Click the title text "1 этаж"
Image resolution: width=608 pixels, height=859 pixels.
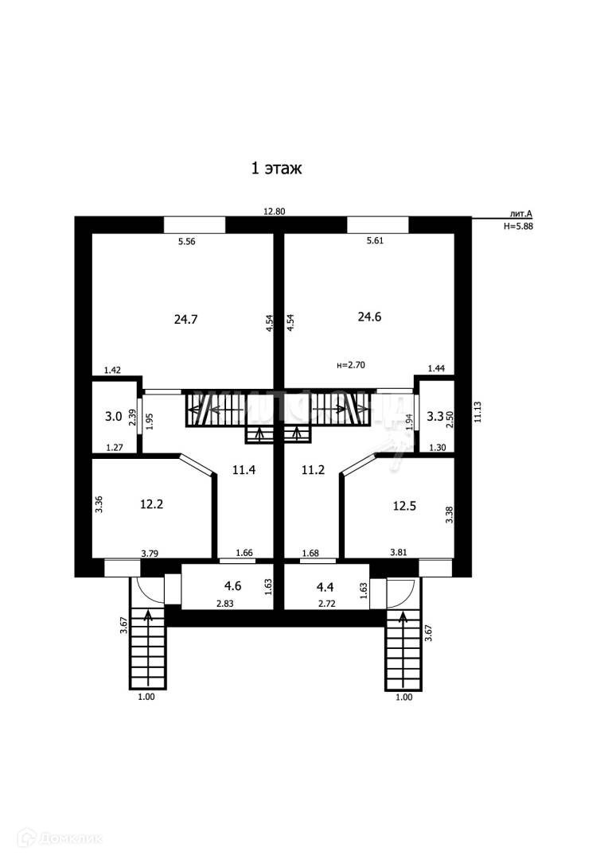click(x=279, y=169)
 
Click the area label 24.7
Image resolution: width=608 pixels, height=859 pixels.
click(x=185, y=319)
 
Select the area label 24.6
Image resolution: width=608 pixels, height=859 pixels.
click(x=369, y=316)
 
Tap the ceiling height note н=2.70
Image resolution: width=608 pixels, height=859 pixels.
click(x=352, y=366)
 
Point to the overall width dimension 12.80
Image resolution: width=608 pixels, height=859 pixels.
click(x=274, y=212)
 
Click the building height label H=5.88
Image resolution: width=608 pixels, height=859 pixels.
click(x=518, y=226)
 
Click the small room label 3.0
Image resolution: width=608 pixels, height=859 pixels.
click(x=115, y=416)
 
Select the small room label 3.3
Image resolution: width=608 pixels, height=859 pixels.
click(x=435, y=416)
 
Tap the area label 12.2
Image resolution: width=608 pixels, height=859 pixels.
click(x=152, y=503)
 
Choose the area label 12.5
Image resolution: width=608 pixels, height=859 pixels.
click(x=405, y=503)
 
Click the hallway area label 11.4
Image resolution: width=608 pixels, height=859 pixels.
click(x=244, y=470)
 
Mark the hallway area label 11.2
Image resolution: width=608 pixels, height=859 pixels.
click(x=314, y=470)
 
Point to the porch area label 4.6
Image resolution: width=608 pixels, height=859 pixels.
click(x=232, y=587)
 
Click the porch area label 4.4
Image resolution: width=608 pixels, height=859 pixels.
click(x=325, y=587)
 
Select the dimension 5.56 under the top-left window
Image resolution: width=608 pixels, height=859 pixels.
click(x=186, y=242)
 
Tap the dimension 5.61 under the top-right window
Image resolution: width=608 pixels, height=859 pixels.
click(x=376, y=242)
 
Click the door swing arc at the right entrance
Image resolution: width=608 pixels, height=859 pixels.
click(x=403, y=590)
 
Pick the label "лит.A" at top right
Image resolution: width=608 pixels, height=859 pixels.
click(x=521, y=214)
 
